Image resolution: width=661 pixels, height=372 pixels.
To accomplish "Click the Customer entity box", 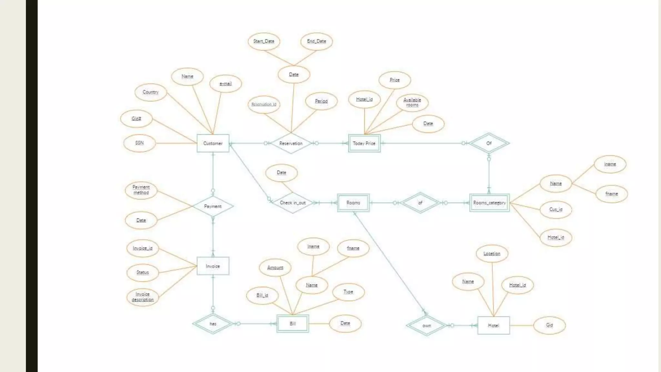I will [213, 143].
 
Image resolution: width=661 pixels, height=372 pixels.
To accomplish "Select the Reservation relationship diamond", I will [291, 143].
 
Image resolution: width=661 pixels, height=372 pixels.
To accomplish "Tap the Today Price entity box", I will [364, 143].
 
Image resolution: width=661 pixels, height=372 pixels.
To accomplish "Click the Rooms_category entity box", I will [489, 203].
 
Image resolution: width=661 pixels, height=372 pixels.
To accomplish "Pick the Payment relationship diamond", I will [213, 206].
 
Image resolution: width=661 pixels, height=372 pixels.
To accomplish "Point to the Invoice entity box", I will [213, 266].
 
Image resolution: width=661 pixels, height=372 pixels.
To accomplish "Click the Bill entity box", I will [292, 324].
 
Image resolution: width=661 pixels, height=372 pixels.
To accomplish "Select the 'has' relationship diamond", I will [213, 324].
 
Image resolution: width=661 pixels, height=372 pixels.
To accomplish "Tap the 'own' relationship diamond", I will [426, 325].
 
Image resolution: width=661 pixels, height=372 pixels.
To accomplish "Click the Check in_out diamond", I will [292, 203].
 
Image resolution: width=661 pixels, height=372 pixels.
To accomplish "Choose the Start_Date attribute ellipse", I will [264, 41].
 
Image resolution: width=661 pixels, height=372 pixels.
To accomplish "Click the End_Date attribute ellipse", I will [316, 41].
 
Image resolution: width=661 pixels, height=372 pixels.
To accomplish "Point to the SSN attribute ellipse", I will [139, 143].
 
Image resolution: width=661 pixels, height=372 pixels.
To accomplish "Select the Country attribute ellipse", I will [151, 92].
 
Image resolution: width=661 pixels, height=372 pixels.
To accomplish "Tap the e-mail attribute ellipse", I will [225, 84].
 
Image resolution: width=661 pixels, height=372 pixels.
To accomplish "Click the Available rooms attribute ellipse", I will [412, 102].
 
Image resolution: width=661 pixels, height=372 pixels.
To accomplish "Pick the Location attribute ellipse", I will [492, 253].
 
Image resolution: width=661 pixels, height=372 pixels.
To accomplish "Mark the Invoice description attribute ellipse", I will [142, 297].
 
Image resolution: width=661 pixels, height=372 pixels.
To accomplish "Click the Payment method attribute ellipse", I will [141, 190].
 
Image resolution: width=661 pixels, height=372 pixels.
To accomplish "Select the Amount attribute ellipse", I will [275, 267].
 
